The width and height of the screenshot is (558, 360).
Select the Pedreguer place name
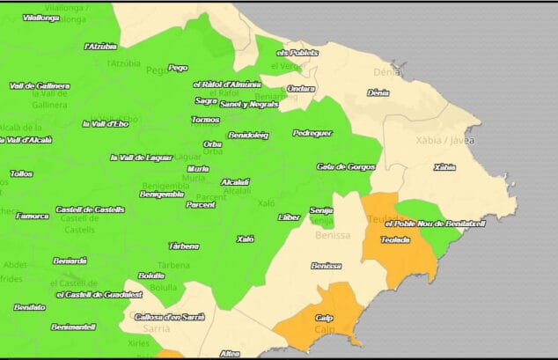coord(312,133)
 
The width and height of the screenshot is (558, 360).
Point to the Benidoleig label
coord(248,136)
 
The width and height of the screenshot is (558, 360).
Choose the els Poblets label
coord(297,53)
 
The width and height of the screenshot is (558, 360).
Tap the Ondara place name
coord(301,89)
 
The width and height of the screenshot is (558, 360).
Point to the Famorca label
coord(33,216)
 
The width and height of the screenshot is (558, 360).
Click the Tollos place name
coord(22,174)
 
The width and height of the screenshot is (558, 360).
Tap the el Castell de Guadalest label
coord(99,295)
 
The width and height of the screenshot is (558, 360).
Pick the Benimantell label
coord(73,327)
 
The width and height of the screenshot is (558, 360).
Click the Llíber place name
coord(289,217)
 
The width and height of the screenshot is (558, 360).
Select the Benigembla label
coord(163,194)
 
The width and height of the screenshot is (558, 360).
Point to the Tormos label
coord(205,120)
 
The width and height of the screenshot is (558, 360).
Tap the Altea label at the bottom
coord(230,354)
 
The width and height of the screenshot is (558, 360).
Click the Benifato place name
coord(30,307)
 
